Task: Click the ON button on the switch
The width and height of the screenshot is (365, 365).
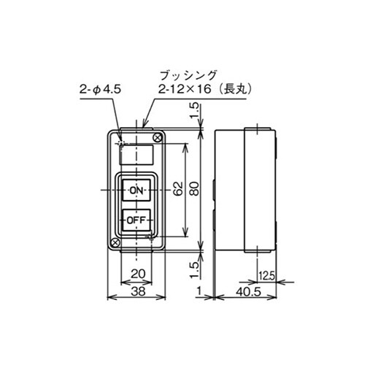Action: tap(136, 190)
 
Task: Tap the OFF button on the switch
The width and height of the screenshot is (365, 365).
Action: tap(136, 218)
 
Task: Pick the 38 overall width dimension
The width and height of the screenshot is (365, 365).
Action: tap(137, 290)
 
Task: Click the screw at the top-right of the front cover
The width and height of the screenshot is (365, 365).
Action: tap(155, 137)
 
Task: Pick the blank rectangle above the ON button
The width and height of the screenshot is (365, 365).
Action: tap(136, 155)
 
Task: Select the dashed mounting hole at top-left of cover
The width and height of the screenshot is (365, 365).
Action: tap(121, 142)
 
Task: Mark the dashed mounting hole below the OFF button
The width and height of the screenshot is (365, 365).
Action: tap(151, 236)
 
